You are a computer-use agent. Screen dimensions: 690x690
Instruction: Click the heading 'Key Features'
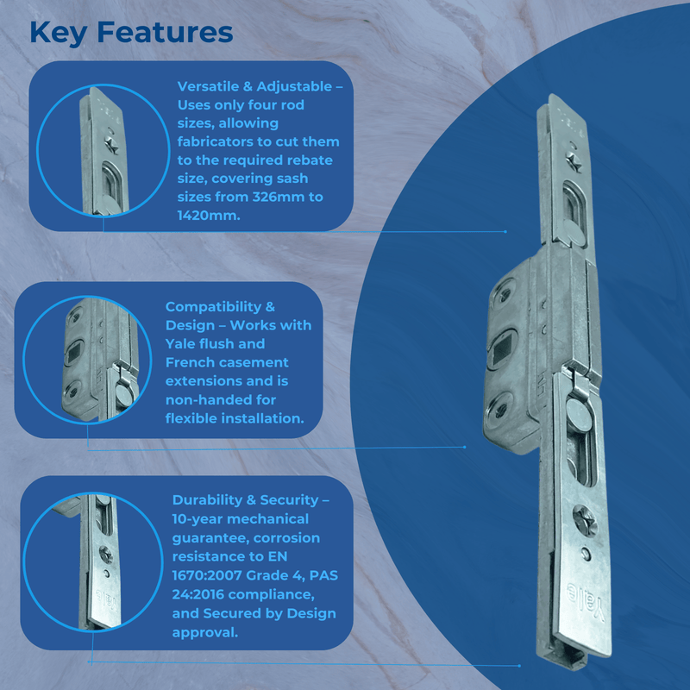click(131, 32)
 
